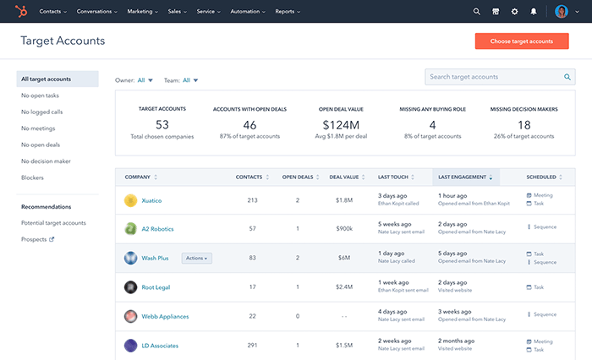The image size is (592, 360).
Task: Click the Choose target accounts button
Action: [x=521, y=41]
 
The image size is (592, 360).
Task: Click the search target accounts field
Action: [x=495, y=77]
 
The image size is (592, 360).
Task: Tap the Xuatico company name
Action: [x=151, y=200]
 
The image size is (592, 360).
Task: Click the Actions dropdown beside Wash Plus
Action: [x=196, y=258]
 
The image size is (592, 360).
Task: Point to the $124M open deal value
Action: [x=340, y=125]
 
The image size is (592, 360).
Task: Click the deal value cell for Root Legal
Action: [x=344, y=287]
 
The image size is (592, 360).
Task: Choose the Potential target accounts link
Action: [x=53, y=223]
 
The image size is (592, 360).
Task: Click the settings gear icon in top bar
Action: [x=514, y=12]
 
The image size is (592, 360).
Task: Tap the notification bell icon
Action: [x=533, y=12]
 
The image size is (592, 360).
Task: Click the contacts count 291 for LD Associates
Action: [x=252, y=345]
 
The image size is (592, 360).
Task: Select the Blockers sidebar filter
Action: [x=32, y=177]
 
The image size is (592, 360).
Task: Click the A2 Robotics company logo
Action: [x=130, y=229]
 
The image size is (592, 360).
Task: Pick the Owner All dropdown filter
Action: [x=145, y=80]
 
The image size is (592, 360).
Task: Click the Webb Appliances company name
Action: [x=165, y=316]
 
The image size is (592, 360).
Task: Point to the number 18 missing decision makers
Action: [x=523, y=125]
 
